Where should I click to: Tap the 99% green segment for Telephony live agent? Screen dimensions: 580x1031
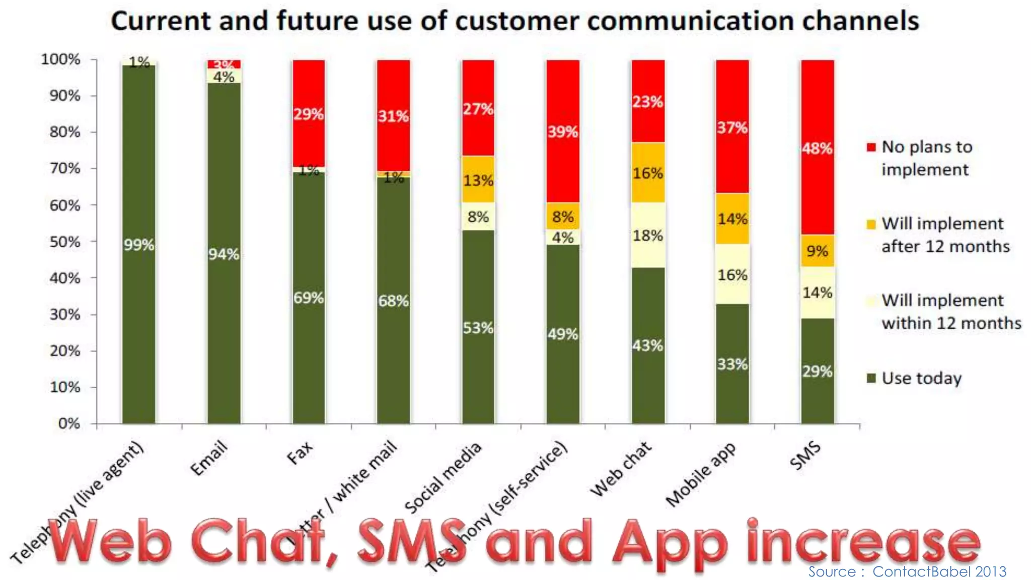click(x=139, y=245)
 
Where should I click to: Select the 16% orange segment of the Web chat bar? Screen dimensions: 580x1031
click(x=648, y=173)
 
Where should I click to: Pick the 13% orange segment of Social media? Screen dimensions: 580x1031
click(x=478, y=180)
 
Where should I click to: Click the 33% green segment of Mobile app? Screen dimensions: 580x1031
click(x=732, y=364)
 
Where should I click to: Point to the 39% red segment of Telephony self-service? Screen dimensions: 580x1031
click(x=563, y=131)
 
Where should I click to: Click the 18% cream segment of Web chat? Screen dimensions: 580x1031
click(x=648, y=235)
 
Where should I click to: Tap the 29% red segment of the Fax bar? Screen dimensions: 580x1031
click(x=309, y=114)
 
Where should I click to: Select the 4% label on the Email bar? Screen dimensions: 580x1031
click(x=224, y=77)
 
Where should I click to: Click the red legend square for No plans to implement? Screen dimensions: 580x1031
click(x=871, y=147)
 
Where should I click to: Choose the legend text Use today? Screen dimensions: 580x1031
click(x=921, y=378)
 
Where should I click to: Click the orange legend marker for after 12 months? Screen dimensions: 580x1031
click(x=871, y=224)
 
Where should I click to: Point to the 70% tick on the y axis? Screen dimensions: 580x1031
click(x=65, y=168)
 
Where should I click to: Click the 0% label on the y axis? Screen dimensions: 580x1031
click(x=69, y=423)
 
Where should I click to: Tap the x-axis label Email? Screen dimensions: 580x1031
click(x=209, y=458)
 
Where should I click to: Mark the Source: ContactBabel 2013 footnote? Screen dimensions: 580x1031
click(x=907, y=571)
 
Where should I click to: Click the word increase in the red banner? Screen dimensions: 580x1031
click(x=863, y=542)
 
